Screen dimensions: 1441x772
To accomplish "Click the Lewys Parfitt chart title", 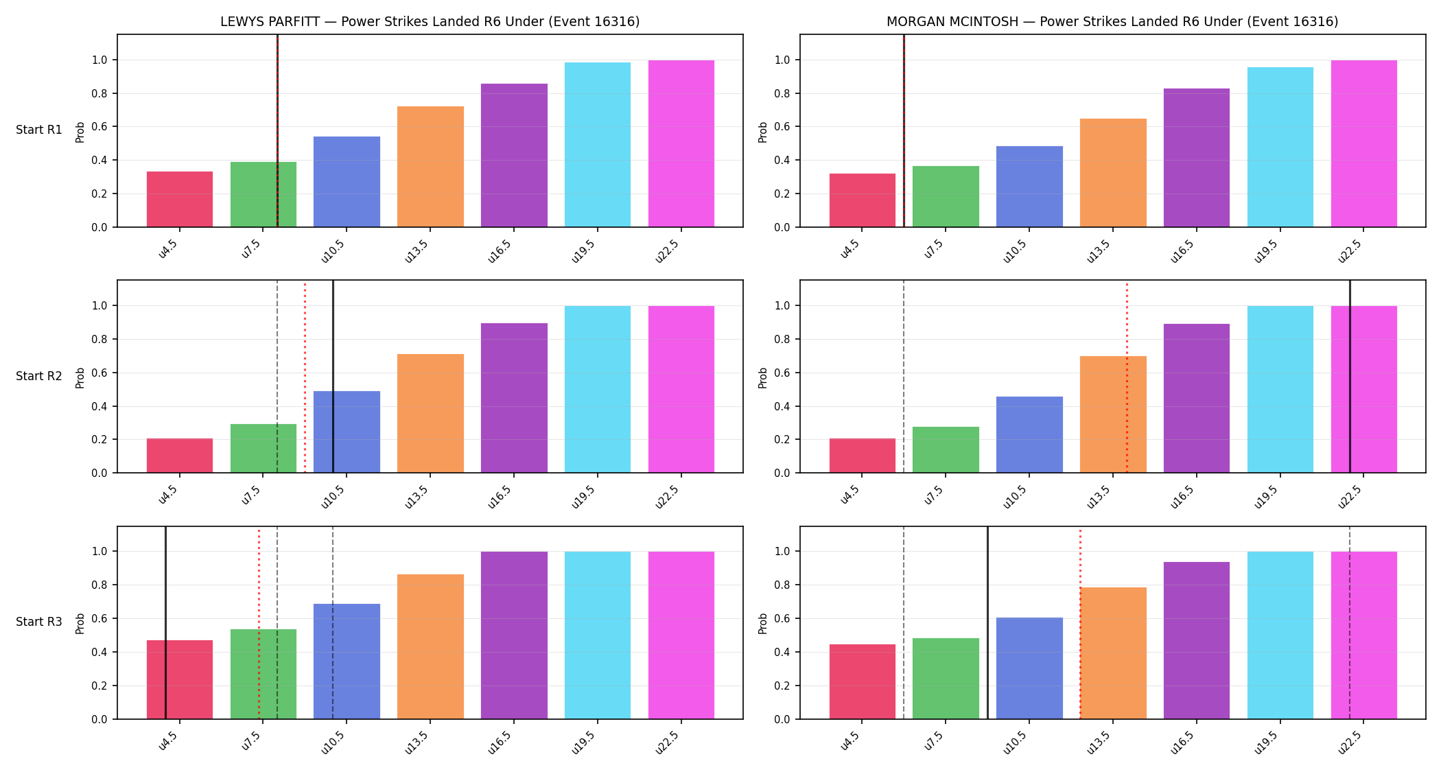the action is tap(430, 21).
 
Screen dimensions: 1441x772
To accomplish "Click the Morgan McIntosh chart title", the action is tap(1112, 21).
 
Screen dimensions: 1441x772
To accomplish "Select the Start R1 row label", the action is tap(39, 130).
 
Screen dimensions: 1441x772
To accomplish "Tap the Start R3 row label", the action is tap(39, 622).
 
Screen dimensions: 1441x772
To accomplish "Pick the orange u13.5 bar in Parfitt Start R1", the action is tap(430, 167).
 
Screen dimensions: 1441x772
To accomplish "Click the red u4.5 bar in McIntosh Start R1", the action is tap(863, 200).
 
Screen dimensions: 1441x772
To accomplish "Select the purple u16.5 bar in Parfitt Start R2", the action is tap(514, 398).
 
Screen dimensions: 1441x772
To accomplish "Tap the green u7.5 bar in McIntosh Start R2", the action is tap(946, 449).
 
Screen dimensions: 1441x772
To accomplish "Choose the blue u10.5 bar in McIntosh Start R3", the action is tap(1029, 668).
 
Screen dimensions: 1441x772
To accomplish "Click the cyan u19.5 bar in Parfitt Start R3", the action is tap(598, 635).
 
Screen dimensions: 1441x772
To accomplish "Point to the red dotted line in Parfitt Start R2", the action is tap(305, 377).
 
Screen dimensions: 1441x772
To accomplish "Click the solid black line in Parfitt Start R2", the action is tap(333, 377).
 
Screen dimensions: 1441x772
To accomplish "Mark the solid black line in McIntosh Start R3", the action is tap(987, 623).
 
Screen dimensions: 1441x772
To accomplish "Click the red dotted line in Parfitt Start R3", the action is tap(259, 623).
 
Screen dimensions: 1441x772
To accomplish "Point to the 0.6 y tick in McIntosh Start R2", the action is tap(782, 373).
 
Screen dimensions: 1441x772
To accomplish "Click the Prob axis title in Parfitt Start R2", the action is tap(80, 377).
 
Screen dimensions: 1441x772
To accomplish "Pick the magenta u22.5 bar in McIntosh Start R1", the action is tap(1364, 143).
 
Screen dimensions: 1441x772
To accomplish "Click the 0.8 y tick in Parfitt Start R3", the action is tap(100, 585).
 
